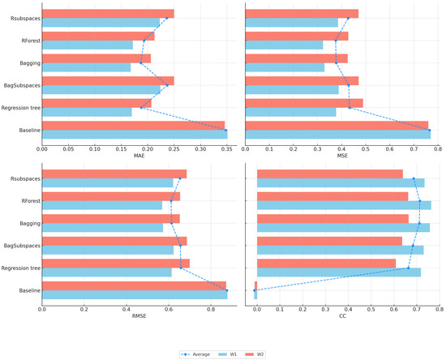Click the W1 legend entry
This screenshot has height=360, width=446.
click(x=230, y=354)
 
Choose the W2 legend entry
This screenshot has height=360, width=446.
click(x=259, y=354)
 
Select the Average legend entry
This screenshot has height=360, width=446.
click(x=197, y=354)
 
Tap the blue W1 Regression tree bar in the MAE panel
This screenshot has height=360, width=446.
click(x=87, y=112)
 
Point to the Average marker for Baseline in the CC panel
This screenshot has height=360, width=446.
click(x=255, y=290)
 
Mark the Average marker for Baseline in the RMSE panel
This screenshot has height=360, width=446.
click(x=227, y=290)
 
